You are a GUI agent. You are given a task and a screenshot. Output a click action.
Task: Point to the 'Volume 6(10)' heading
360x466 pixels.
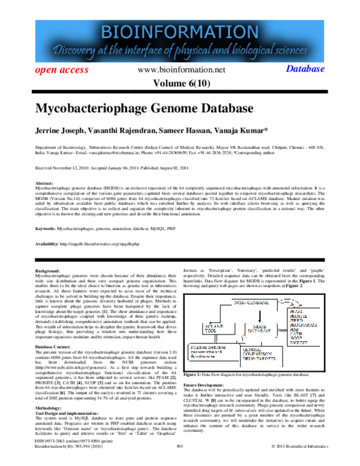point(179,83)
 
